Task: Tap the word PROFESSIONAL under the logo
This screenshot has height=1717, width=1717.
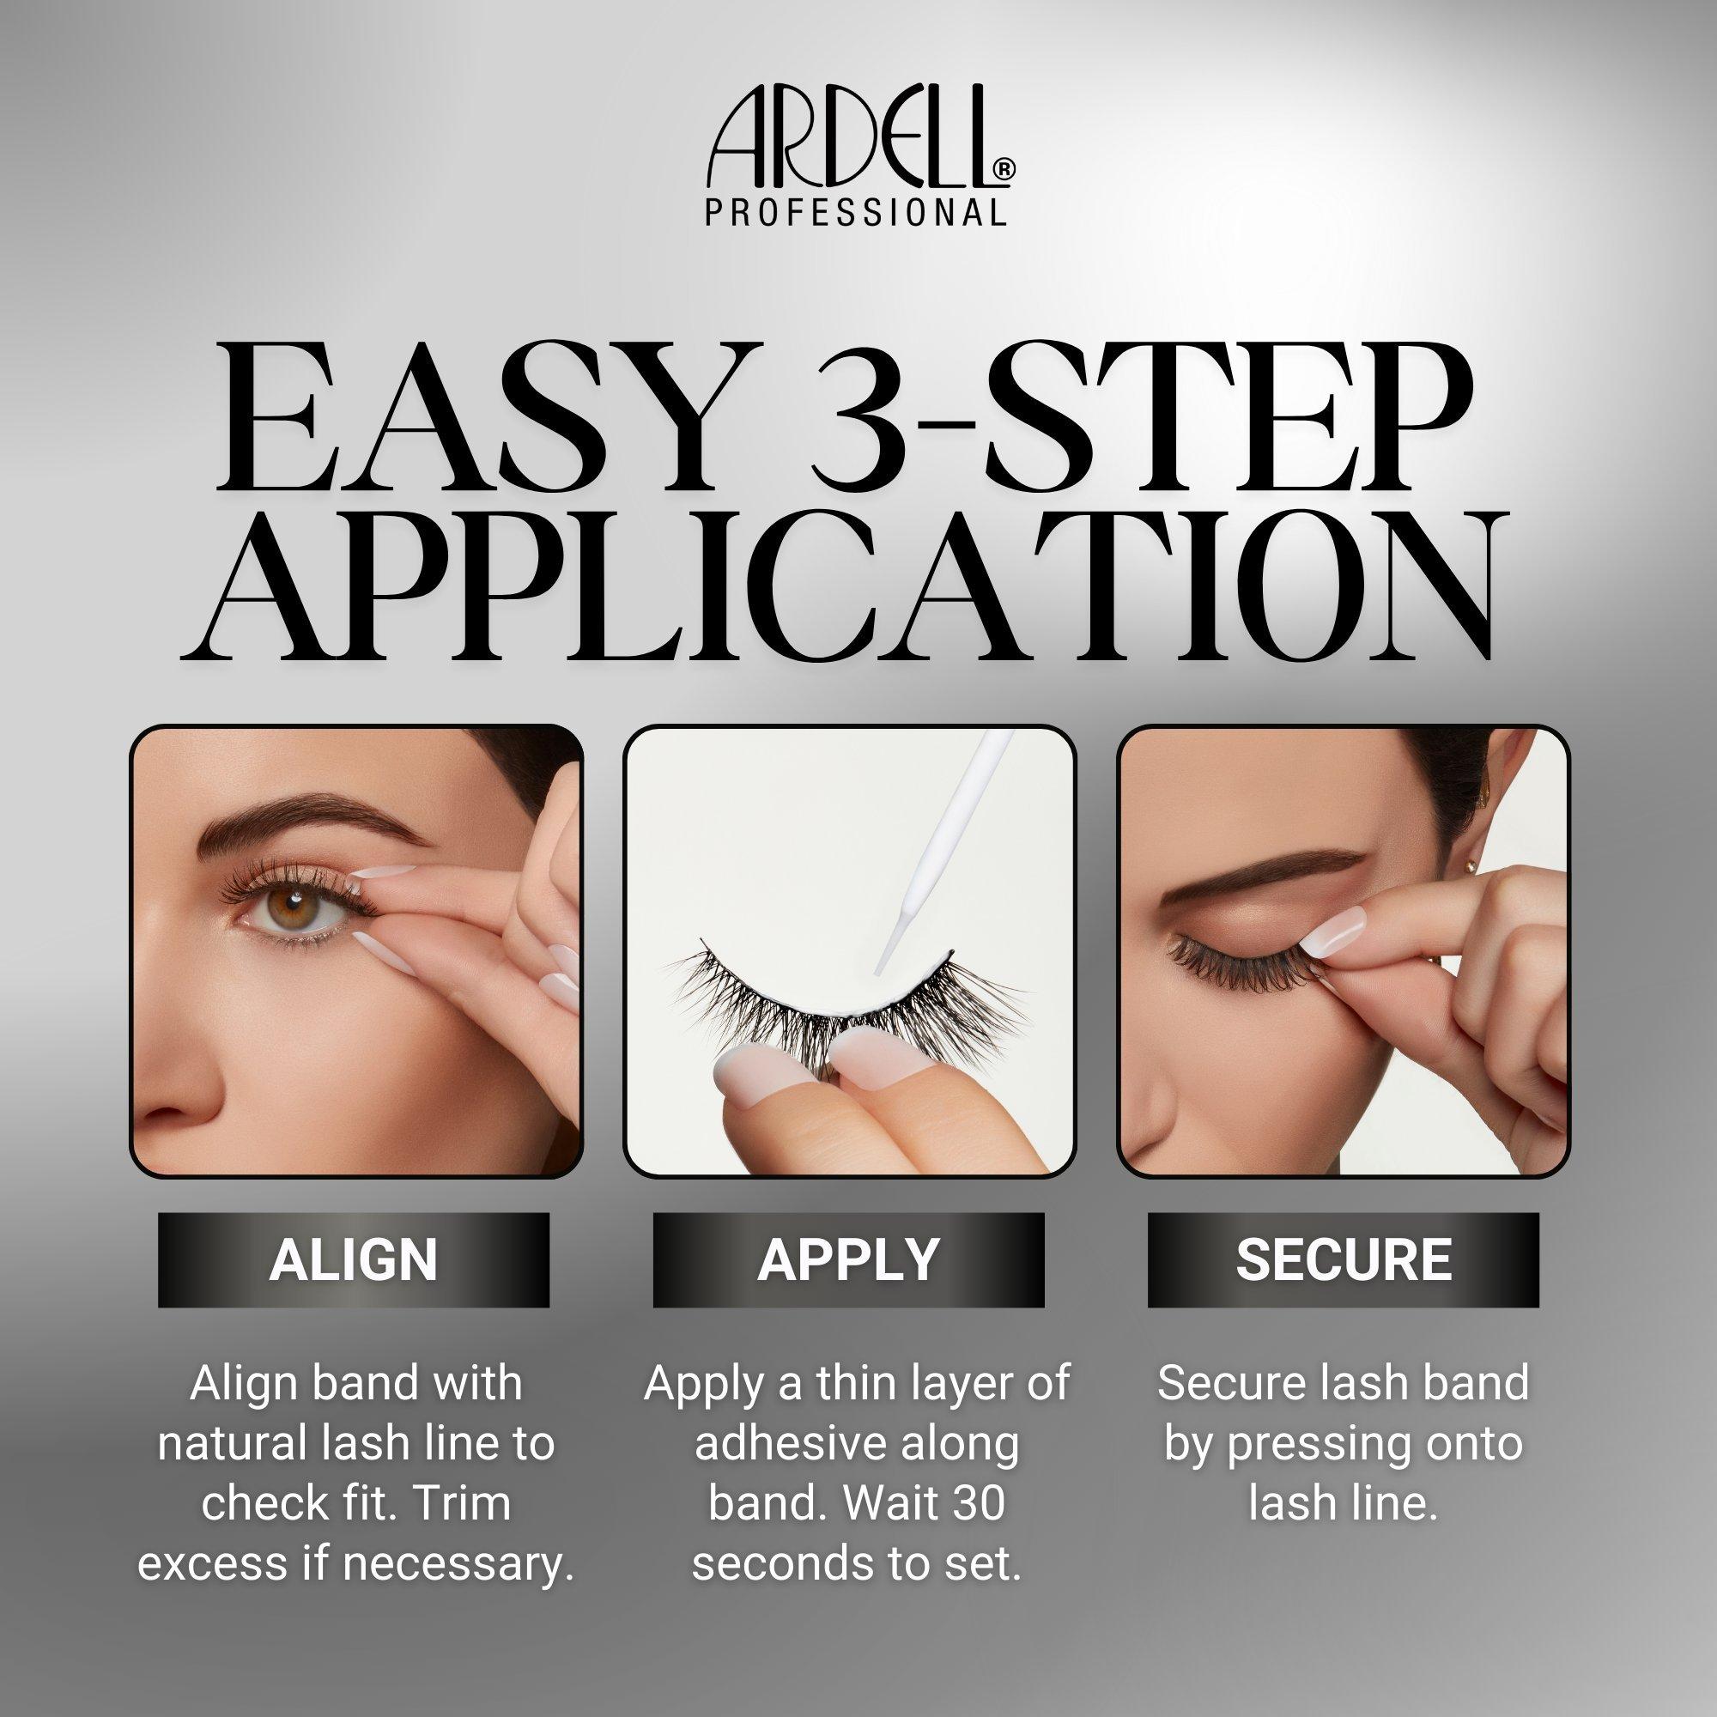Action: click(856, 211)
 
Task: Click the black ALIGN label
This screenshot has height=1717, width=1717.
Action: click(354, 1259)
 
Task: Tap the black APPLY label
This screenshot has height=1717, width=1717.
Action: click(849, 1259)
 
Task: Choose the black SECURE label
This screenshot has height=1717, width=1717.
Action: click(1343, 1259)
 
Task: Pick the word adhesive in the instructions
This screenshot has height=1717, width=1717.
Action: click(779, 1443)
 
